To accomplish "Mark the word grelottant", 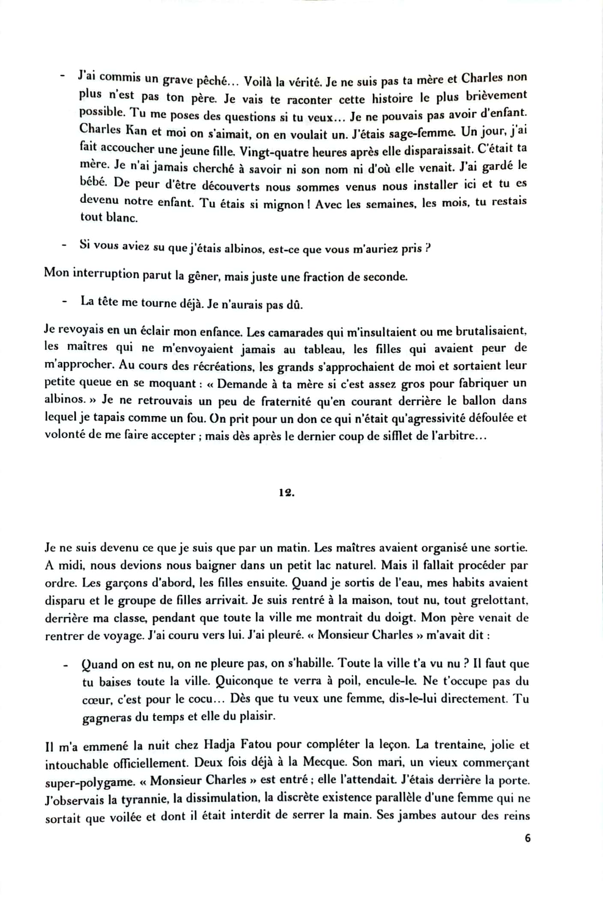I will pos(500,600).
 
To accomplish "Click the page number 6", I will pos(527,838).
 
